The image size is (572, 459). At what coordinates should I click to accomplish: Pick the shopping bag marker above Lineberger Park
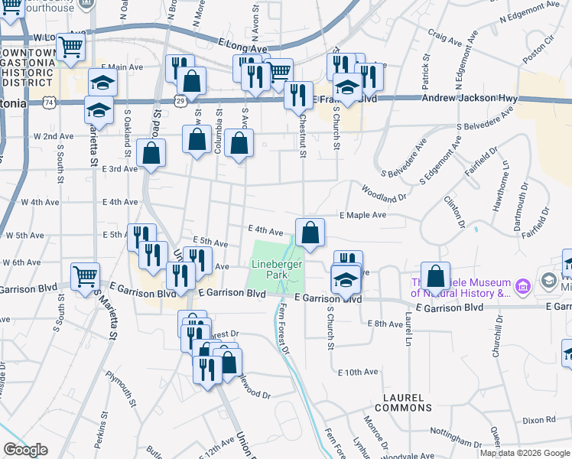click(x=310, y=233)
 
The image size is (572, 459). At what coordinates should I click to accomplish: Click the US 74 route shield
click(x=50, y=101)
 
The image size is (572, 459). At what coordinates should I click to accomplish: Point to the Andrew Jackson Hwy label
click(x=470, y=99)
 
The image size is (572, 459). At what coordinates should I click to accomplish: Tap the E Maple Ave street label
click(x=363, y=216)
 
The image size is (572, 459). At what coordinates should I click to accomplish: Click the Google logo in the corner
click(x=25, y=450)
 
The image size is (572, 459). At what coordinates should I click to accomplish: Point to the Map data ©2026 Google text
click(x=525, y=453)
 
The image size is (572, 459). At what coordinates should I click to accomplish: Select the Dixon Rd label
click(x=539, y=420)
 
